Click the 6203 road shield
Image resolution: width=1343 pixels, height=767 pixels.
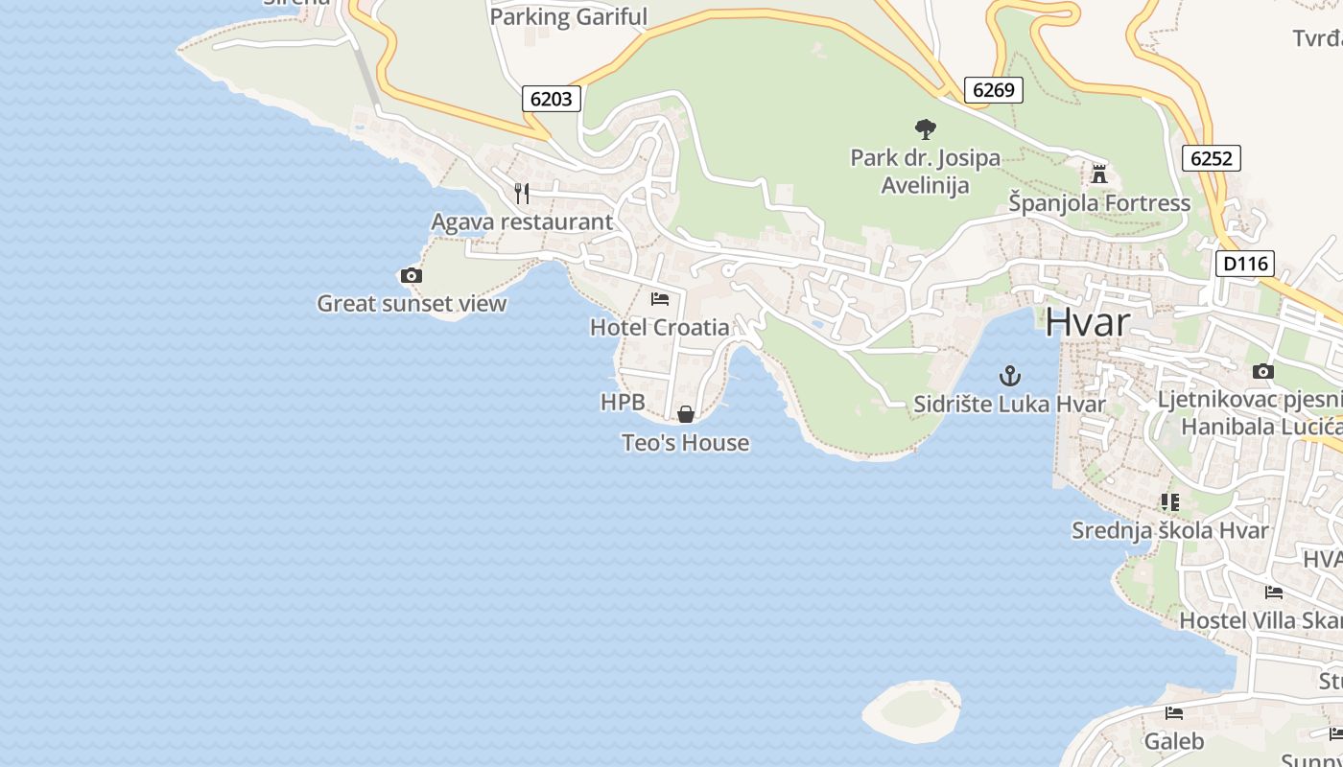[552, 99]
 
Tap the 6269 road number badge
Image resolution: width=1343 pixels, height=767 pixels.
[993, 90]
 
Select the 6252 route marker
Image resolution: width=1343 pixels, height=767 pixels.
[1211, 158]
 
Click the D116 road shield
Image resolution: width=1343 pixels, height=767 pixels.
[1244, 264]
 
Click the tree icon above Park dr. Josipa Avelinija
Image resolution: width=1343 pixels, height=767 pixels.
[925, 128]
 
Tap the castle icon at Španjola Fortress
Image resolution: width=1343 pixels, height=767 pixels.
[1099, 174]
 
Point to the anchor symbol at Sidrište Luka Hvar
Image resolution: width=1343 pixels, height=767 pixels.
[1009, 376]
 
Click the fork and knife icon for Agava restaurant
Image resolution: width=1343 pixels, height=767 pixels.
[522, 194]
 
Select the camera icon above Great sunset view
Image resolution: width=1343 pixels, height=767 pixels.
[411, 276]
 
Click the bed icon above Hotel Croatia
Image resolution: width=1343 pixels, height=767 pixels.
[660, 299]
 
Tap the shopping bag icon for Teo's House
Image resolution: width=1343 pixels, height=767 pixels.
[686, 414]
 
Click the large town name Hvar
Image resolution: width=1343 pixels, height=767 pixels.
[1088, 322]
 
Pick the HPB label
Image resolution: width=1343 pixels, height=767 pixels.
[623, 403]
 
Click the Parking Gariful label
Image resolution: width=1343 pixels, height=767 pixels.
[569, 17]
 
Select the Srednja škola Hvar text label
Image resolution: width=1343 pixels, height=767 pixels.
[1169, 530]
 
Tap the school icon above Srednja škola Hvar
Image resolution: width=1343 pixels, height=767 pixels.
[1169, 501]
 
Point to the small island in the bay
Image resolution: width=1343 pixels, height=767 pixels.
[910, 710]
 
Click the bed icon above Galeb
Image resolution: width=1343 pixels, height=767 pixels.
[1174, 713]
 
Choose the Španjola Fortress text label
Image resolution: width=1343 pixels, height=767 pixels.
[1099, 203]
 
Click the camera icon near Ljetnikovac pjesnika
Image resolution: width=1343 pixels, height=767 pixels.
[1263, 372]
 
